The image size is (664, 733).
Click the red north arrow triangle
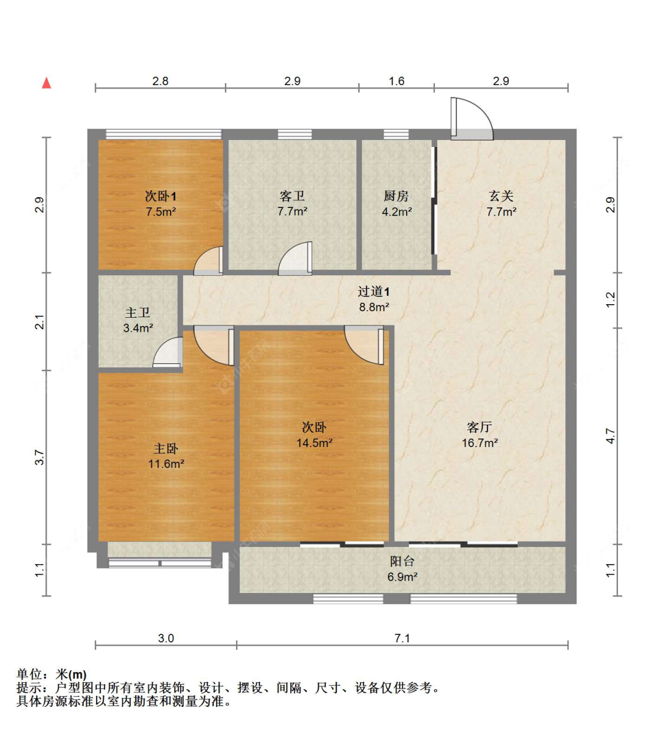46,83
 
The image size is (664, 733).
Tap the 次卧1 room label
161,196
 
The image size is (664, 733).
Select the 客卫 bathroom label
292,196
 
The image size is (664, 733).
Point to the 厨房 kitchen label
396,196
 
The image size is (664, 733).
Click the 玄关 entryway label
501,196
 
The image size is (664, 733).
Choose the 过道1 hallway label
374,292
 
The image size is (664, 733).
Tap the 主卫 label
138,313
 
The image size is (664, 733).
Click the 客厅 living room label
479,427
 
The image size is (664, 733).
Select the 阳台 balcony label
402,561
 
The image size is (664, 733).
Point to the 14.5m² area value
314,443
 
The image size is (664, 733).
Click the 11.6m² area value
166,464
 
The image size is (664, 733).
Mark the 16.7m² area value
479,443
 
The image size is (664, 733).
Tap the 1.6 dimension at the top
397,81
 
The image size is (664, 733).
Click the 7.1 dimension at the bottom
402,638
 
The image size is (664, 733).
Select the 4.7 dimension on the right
610,436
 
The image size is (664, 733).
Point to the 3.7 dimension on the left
40,457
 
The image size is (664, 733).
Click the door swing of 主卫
169,353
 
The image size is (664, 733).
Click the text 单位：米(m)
51,674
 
